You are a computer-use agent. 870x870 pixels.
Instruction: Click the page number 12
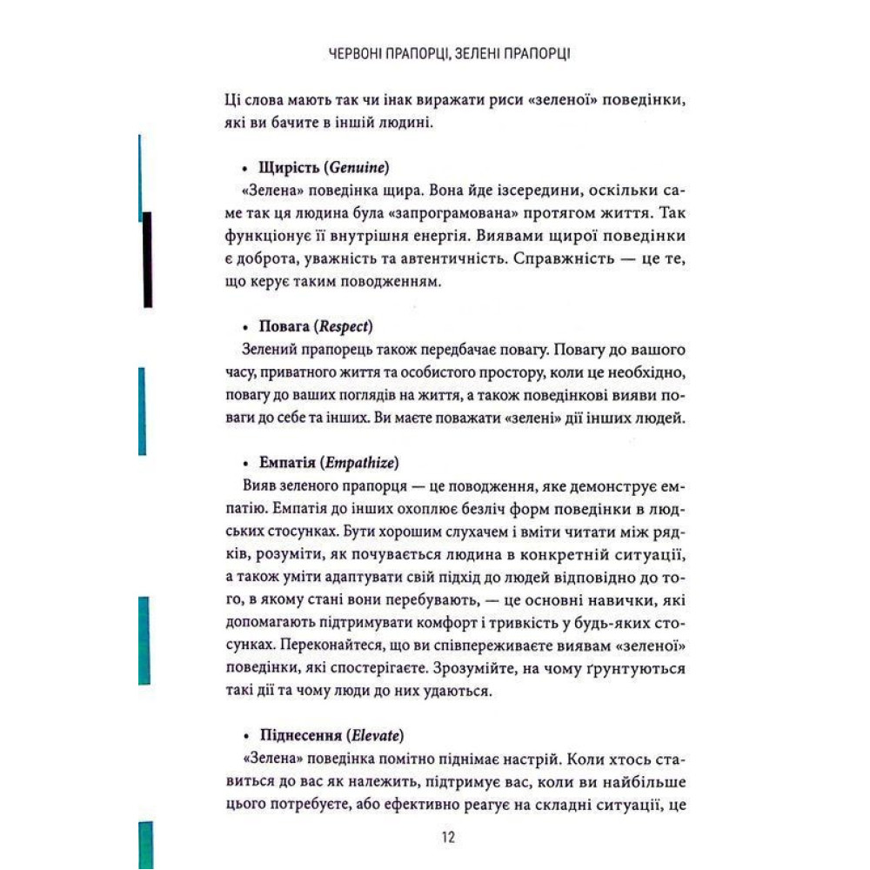pyautogui.click(x=449, y=838)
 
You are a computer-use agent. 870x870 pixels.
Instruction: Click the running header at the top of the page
pyautogui.click(x=450, y=55)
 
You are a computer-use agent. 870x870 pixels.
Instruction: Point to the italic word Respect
pyautogui.click(x=345, y=327)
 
